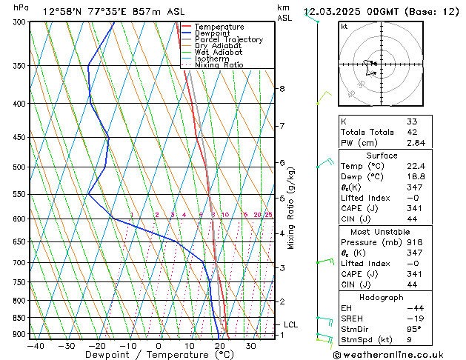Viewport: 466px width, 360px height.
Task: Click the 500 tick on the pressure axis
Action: pos(19,167)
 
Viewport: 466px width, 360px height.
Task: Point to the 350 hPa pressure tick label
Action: pos(19,66)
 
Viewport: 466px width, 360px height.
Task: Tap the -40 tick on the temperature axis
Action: pos(36,346)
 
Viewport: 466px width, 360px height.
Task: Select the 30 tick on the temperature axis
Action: pos(251,346)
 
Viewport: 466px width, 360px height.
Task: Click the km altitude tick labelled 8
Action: pos(282,89)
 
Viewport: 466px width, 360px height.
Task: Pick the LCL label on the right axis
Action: pos(290,324)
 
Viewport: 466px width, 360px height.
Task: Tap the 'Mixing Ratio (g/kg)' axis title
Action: pos(291,208)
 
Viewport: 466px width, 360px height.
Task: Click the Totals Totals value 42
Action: pos(412,132)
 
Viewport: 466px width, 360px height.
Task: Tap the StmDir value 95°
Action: pos(413,329)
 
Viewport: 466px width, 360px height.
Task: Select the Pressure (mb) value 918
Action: pos(414,242)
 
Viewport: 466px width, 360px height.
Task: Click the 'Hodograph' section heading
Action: pos(382,297)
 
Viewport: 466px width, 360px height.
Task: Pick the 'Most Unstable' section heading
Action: pos(382,231)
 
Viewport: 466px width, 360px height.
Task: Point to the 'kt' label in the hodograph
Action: pos(344,27)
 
